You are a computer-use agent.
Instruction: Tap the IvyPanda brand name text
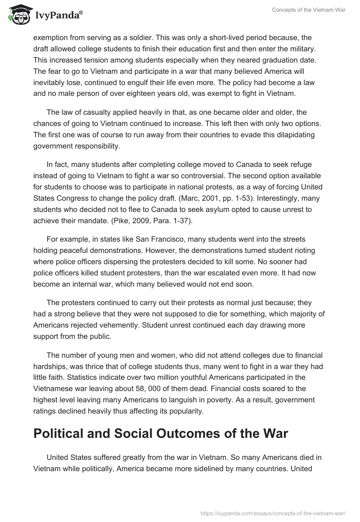[58, 15]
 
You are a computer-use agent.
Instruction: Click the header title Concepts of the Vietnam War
[309, 10]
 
